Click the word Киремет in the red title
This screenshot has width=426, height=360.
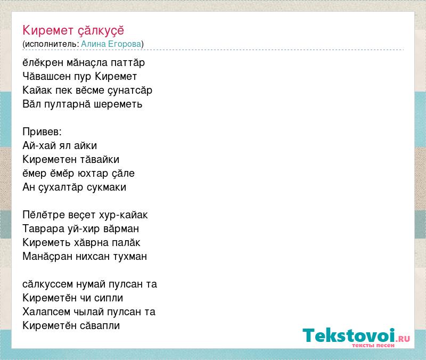[x=48, y=30]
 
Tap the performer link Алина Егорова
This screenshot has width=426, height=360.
[x=111, y=44]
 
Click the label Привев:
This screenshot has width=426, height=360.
[x=42, y=132]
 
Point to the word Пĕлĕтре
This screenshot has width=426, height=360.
[x=42, y=215]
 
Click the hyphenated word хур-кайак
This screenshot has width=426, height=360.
[x=124, y=215]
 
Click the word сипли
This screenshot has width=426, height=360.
[x=109, y=298]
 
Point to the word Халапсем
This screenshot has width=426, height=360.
[x=46, y=312]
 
